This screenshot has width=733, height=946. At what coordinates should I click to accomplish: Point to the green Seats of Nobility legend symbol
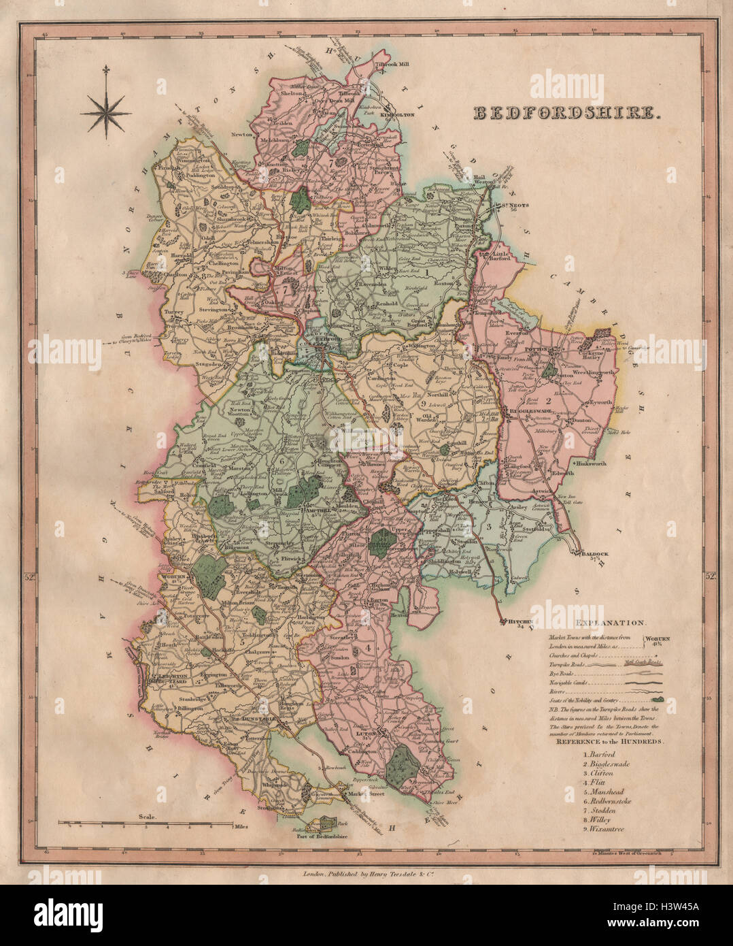pyautogui.click(x=658, y=698)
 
